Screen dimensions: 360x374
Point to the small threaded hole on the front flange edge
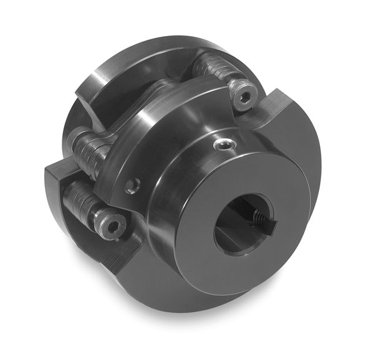[x=132, y=184]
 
